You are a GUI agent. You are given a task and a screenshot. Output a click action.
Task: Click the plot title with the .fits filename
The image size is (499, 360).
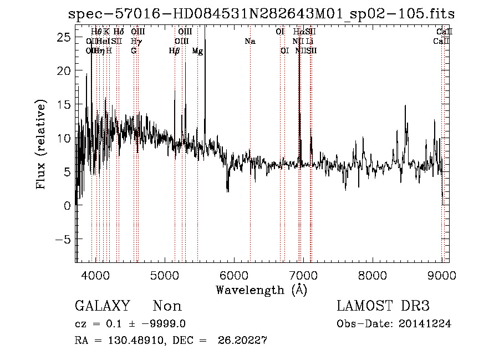click(261, 14)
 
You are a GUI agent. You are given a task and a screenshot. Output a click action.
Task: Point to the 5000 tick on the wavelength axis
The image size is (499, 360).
click(165, 273)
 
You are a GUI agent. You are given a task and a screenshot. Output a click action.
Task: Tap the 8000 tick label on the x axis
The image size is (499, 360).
click(373, 273)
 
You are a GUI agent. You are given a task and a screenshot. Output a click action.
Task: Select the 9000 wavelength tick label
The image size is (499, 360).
click(442, 273)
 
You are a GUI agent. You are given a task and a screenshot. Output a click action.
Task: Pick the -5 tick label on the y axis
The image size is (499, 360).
click(63, 240)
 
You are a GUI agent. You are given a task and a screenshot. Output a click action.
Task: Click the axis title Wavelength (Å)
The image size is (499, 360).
click(261, 289)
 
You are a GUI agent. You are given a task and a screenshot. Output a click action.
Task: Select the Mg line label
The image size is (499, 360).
click(197, 51)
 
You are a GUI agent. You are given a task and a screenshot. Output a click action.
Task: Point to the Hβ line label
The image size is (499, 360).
click(174, 51)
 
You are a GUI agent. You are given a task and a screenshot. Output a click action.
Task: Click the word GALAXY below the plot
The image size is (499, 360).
click(103, 306)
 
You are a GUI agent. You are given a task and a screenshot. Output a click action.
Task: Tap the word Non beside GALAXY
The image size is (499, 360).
click(167, 306)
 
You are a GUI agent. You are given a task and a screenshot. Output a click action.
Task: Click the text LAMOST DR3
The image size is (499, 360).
click(383, 306)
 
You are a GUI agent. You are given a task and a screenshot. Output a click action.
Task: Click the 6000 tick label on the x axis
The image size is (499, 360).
click(234, 273)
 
